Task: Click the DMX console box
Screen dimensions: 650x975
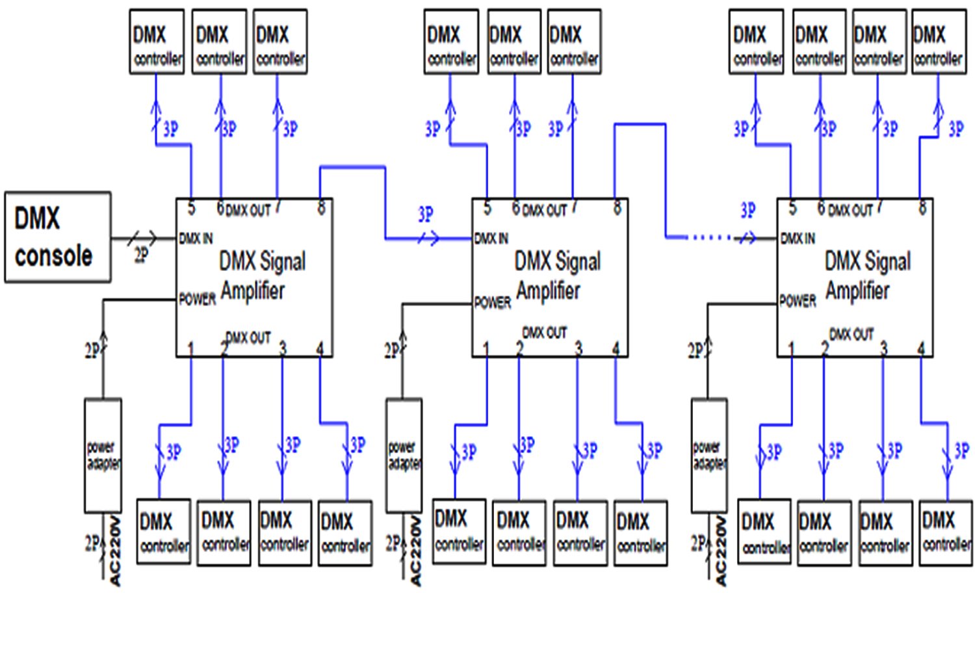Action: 57,237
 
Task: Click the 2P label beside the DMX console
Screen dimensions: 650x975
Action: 141,255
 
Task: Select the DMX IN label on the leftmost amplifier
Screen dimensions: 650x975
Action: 196,239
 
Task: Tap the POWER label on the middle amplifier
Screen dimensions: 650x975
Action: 492,303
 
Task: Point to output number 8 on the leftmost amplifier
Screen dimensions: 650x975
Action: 321,208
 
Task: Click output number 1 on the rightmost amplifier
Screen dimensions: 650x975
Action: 791,349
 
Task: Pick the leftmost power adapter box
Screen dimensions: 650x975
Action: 103,455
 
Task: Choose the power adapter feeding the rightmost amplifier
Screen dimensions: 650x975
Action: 708,455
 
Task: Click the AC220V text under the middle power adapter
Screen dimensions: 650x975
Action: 416,551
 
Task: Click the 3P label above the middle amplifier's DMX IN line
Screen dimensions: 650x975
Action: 426,214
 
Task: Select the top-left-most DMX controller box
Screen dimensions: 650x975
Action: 157,42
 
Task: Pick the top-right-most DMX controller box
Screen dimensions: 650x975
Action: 938,42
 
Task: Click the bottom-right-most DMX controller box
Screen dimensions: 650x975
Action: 946,532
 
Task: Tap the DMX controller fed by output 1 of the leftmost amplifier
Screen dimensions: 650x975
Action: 163,532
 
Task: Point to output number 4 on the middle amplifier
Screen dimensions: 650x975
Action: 616,349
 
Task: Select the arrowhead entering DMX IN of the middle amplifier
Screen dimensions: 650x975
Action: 432,239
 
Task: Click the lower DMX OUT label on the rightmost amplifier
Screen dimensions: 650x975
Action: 851,335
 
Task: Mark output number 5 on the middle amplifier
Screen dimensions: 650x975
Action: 487,208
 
